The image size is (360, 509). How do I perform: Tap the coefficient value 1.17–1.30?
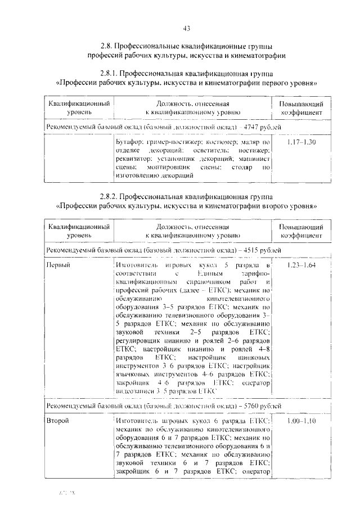coord(301,143)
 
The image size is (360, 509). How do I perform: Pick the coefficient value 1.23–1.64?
coord(301,264)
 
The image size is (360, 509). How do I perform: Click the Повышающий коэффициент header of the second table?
coord(301,231)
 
